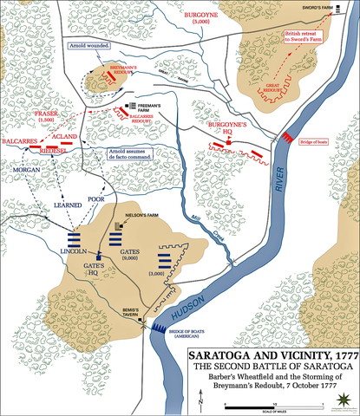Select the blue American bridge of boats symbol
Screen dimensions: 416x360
coord(159,325)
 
